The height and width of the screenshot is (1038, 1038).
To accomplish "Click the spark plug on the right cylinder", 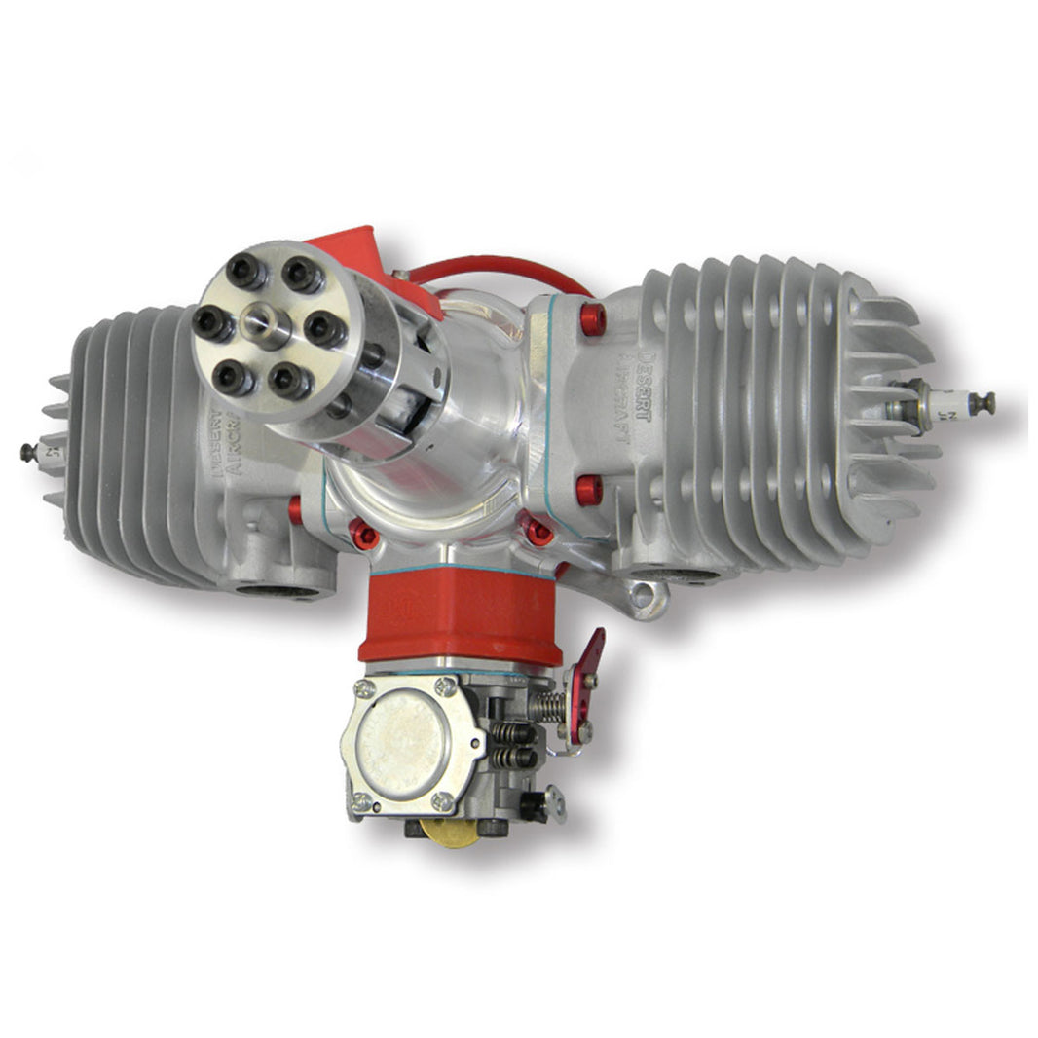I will pos(949,401).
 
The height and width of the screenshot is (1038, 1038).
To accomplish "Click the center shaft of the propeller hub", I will pos(256,318).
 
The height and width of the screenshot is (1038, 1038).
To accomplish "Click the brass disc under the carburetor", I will pos(449,834).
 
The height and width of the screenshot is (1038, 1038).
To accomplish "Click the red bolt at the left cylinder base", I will pos(296,508).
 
